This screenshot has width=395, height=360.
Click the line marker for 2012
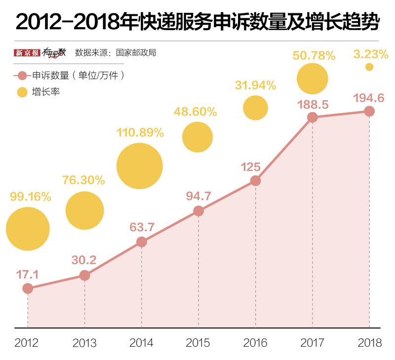click(x=28, y=288)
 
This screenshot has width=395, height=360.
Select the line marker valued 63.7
click(x=142, y=242)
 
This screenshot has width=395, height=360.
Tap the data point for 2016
click(x=255, y=181)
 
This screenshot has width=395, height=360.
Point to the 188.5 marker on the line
click(x=312, y=118)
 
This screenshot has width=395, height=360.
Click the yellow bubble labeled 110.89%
click(x=140, y=166)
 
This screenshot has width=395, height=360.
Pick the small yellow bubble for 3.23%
click(x=369, y=67)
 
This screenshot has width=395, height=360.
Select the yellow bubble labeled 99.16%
click(x=28, y=229)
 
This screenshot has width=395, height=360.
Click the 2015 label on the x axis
click(x=198, y=343)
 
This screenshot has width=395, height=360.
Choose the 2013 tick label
click(x=84, y=343)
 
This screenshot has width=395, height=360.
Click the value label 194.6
click(x=369, y=98)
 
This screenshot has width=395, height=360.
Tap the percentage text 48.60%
click(x=195, y=112)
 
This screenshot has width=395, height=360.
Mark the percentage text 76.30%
click(x=83, y=180)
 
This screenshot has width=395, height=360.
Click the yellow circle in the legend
click(x=22, y=92)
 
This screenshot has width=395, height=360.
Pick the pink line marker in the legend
click(x=22, y=76)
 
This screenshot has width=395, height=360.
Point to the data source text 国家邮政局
click(x=135, y=52)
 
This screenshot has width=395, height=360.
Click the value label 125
click(x=250, y=166)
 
